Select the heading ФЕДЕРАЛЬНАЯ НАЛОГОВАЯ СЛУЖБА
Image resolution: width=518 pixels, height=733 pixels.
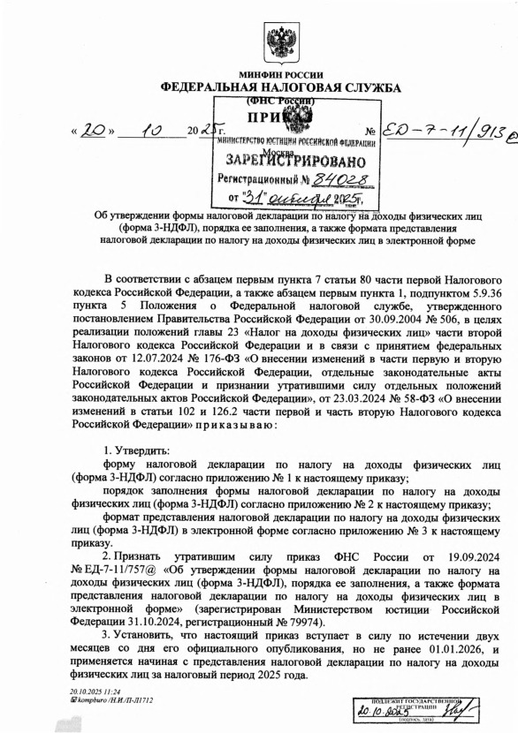pyautogui.click(x=280, y=88)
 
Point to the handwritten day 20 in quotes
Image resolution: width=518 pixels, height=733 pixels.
pyautogui.click(x=95, y=133)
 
